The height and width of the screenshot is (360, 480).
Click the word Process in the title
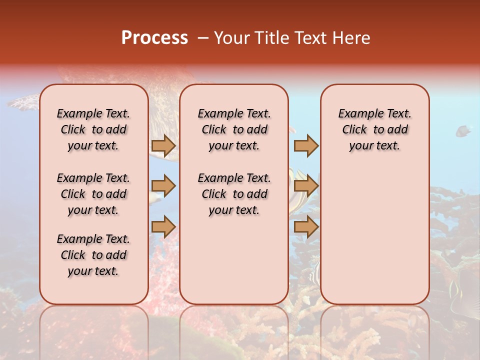click(x=154, y=38)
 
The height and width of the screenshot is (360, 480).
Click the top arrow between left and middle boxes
click(x=163, y=145)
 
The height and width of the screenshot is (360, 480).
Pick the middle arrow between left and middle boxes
click(x=163, y=186)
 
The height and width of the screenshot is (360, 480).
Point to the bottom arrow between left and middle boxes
click(x=163, y=227)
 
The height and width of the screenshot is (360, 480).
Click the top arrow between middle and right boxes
click(x=306, y=145)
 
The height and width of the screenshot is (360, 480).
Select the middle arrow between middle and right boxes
click(x=306, y=186)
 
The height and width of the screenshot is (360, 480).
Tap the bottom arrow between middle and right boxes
click(x=306, y=227)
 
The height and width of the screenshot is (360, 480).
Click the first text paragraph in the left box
click(x=93, y=129)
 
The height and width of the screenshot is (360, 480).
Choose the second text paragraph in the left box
click(x=93, y=194)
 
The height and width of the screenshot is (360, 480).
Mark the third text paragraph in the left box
click(x=93, y=255)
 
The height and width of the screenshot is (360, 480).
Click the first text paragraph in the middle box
click(x=234, y=129)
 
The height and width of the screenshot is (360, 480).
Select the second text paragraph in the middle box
click(x=234, y=194)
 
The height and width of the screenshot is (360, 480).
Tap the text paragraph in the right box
click(x=374, y=129)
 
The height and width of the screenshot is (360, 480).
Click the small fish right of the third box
click(x=462, y=131)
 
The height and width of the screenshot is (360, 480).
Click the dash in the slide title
click(x=203, y=38)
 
